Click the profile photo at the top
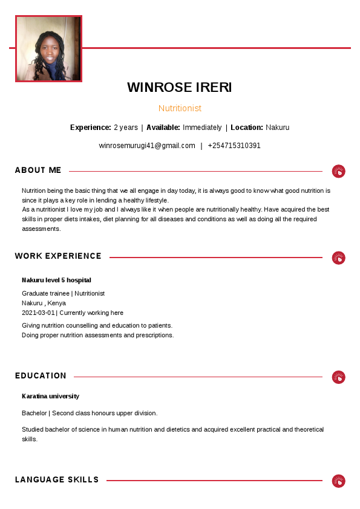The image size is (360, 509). pos(48,49)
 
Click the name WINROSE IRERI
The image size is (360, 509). pos(180,88)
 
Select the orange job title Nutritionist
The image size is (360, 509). pos(180,108)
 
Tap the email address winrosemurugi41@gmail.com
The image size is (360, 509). pos(147,146)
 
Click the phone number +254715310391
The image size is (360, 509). pos(234,146)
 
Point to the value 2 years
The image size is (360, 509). pos(126,128)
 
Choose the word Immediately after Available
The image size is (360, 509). pos(202,128)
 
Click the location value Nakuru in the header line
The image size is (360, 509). pos(277,128)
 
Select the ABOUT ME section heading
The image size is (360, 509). pos(38,170)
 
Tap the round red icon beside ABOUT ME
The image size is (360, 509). pos(339,171)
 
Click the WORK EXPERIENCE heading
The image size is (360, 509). pos(58,256)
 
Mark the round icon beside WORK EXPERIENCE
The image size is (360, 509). pos(339,258)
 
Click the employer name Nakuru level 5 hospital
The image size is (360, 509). pos(56,280)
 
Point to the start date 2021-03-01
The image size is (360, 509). pos(38,313)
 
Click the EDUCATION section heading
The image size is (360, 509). pos(41,376)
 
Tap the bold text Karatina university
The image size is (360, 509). pos(50,397)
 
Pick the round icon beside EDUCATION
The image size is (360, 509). pos(339,377)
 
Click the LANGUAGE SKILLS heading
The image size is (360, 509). pos(57,480)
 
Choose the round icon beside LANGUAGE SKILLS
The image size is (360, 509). pos(339,481)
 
